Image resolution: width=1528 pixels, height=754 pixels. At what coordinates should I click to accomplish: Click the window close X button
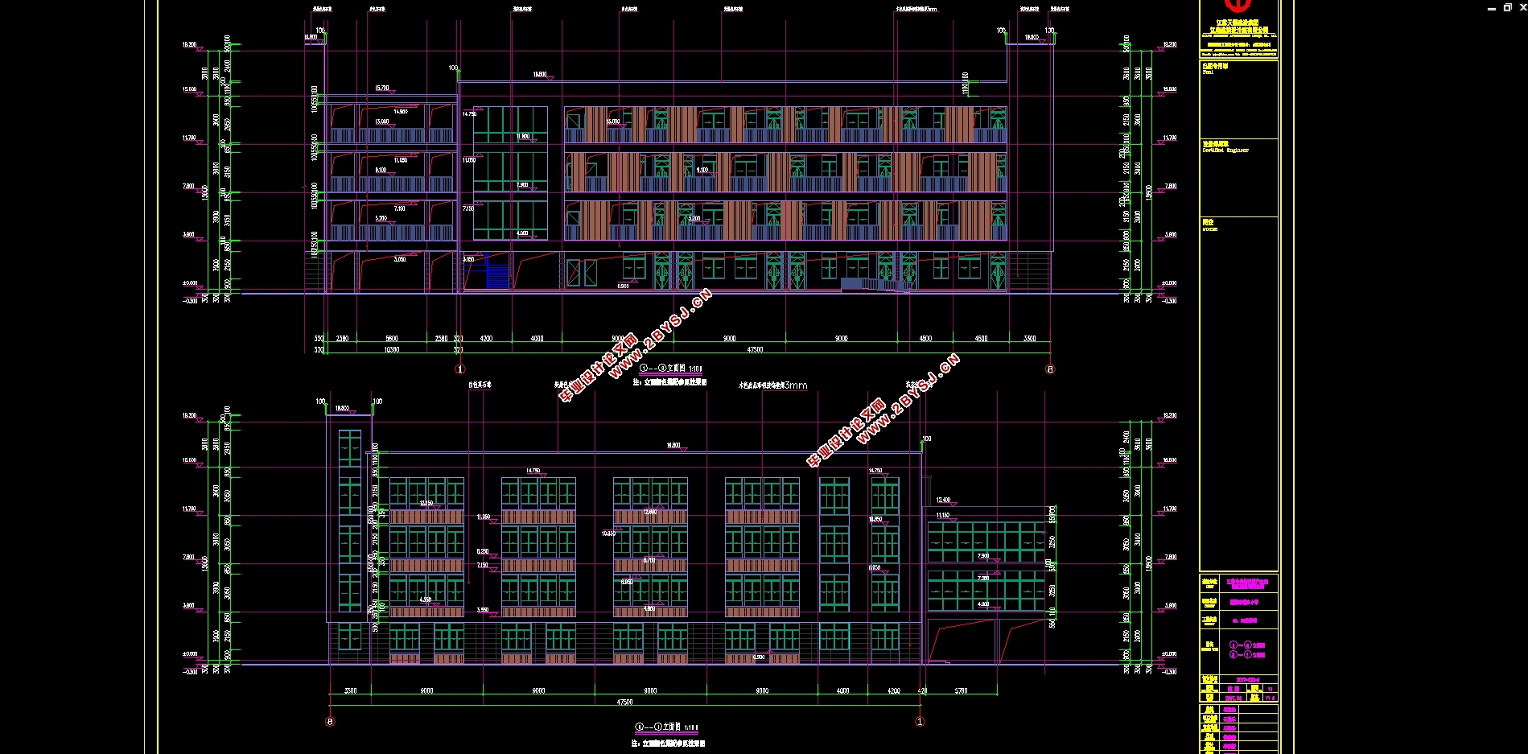point(1522,7)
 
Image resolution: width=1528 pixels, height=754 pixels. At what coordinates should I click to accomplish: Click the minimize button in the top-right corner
point(1492,8)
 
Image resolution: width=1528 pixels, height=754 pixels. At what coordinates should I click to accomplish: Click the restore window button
point(1507,7)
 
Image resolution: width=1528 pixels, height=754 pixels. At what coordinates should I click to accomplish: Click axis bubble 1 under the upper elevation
point(460,369)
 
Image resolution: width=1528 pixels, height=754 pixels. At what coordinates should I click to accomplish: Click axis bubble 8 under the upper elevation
point(1049,369)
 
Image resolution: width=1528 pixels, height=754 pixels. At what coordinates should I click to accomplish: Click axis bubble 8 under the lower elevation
point(330,722)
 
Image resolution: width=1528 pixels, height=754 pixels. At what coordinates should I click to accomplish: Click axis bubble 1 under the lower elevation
point(921,722)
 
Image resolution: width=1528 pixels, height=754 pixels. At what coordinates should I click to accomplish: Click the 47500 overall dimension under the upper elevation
point(755,349)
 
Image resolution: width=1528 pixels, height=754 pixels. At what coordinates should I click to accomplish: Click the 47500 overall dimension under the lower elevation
point(624,702)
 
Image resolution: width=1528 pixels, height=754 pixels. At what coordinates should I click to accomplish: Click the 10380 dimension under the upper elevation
point(392,349)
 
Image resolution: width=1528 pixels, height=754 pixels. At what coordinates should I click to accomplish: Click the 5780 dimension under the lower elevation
point(961,690)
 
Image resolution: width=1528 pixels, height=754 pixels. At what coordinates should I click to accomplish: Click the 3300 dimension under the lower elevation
point(351,690)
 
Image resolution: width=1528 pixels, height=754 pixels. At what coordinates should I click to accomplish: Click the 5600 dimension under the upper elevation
point(392,338)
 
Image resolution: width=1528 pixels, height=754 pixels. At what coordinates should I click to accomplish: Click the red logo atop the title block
point(1238,6)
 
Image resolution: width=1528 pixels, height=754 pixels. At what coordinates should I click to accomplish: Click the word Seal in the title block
point(1208,72)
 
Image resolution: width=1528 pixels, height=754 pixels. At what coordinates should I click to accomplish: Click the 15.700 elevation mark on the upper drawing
point(382,89)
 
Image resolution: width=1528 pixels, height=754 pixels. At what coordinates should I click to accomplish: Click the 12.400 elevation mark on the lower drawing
point(943,500)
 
